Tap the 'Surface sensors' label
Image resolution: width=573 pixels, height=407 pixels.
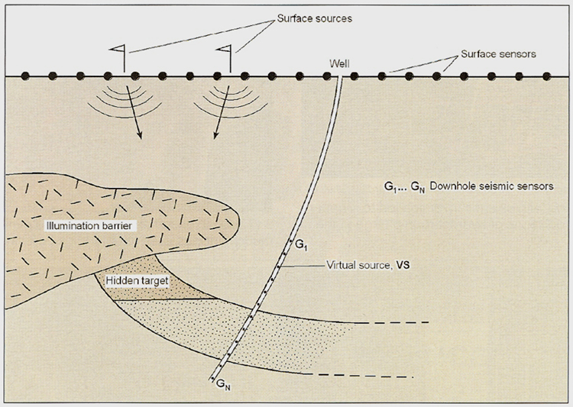click(497, 56)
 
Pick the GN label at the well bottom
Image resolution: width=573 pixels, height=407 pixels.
click(222, 386)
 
